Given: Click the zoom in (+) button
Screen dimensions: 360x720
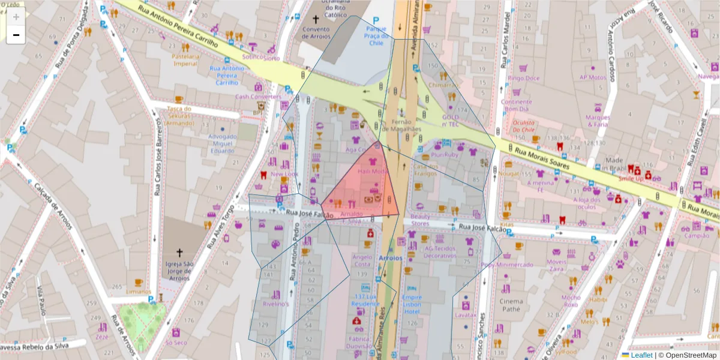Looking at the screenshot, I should tap(16, 17).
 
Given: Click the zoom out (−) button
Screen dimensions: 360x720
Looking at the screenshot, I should tap(16, 35).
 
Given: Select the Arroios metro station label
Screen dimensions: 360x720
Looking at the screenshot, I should tap(390, 257).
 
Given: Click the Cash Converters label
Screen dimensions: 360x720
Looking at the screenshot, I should tap(258, 97).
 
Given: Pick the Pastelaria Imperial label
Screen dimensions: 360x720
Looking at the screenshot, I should tap(185, 60).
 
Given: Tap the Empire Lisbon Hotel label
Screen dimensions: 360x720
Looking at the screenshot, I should tap(412, 304).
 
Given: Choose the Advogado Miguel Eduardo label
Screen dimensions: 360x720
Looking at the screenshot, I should tap(222, 143).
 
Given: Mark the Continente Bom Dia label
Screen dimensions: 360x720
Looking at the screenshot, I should tap(516, 106).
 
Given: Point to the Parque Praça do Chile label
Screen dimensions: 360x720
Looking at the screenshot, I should tap(376, 36).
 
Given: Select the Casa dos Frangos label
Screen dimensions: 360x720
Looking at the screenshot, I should tap(427, 170).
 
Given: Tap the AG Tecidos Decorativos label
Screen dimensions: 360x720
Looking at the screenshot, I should tap(440, 252).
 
